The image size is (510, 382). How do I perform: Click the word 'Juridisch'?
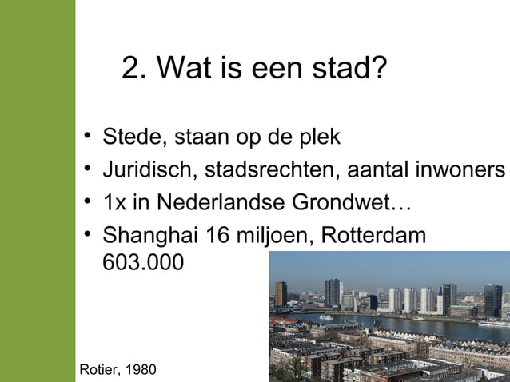149,170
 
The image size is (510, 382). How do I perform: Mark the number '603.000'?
142,261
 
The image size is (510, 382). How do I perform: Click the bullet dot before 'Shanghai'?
86,236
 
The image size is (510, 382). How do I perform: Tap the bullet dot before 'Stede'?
86,137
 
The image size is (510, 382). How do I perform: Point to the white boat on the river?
326,316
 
